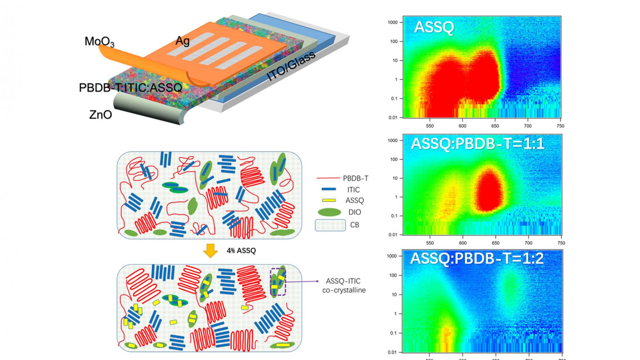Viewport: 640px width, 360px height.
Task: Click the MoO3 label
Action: pyautogui.click(x=99, y=42)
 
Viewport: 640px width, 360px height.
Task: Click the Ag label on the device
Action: pyautogui.click(x=183, y=41)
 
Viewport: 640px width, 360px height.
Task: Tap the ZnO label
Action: pyautogui.click(x=101, y=115)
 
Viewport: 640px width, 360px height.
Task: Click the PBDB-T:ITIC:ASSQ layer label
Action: pyautogui.click(x=131, y=88)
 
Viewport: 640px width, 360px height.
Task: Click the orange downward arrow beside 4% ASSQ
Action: pyautogui.click(x=210, y=251)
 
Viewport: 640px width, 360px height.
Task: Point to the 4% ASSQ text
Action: pyautogui.click(x=241, y=251)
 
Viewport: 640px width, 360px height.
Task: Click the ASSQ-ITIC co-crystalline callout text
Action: pyautogui.click(x=344, y=286)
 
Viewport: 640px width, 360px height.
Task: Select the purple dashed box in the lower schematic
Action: pyautogui.click(x=278, y=282)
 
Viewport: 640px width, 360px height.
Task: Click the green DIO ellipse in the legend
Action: pyautogui.click(x=329, y=212)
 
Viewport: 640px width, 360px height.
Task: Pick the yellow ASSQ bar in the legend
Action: pyautogui.click(x=329, y=200)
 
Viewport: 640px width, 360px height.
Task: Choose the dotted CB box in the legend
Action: pyautogui.click(x=330, y=225)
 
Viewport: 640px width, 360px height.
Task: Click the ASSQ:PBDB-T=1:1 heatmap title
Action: pyautogui.click(x=477, y=144)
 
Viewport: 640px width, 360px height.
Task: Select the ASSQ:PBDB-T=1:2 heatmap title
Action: pyautogui.click(x=477, y=259)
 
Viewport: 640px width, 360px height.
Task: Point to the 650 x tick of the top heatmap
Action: pyautogui.click(x=495, y=126)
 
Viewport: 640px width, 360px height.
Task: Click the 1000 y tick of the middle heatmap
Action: pyautogui.click(x=393, y=140)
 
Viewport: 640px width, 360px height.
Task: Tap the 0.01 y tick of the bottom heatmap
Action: pyautogui.click(x=393, y=352)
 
